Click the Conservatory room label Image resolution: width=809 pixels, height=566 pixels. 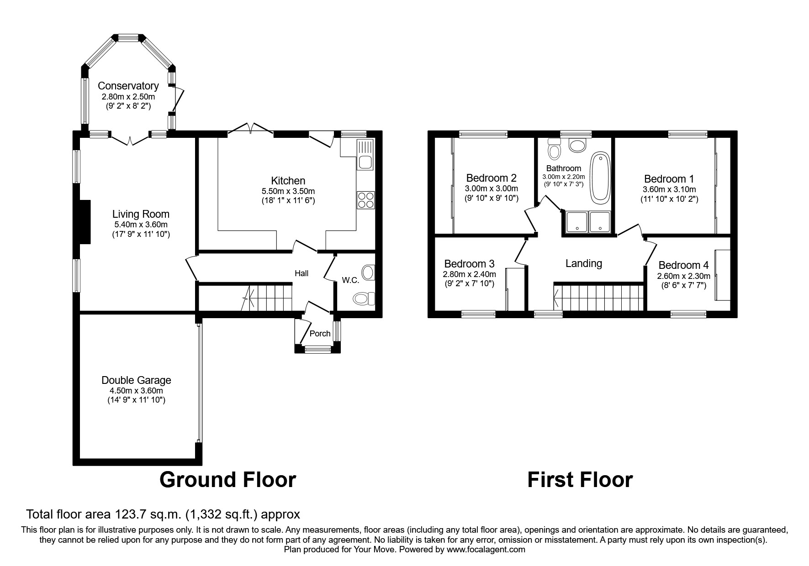(x=128, y=86)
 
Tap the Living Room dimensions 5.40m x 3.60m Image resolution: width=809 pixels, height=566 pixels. (x=141, y=225)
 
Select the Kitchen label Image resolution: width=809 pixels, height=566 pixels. (x=288, y=181)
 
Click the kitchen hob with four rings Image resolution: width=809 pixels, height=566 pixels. (x=366, y=200)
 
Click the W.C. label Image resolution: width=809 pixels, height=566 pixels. (x=351, y=280)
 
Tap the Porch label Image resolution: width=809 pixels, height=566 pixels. (x=320, y=333)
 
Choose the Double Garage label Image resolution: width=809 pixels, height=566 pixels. (x=136, y=380)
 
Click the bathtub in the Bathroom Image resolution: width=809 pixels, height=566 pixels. (x=600, y=178)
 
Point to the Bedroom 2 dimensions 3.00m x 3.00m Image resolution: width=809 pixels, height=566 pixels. (x=492, y=189)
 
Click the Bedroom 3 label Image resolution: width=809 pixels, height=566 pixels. (x=469, y=264)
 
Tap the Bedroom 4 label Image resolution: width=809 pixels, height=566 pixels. (x=684, y=265)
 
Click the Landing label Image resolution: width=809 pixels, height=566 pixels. (x=584, y=263)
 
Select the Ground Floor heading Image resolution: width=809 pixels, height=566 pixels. (x=227, y=480)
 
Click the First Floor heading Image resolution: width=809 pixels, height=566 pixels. (x=580, y=480)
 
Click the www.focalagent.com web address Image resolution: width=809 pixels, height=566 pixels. (x=486, y=550)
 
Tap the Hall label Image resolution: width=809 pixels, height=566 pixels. (x=301, y=273)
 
